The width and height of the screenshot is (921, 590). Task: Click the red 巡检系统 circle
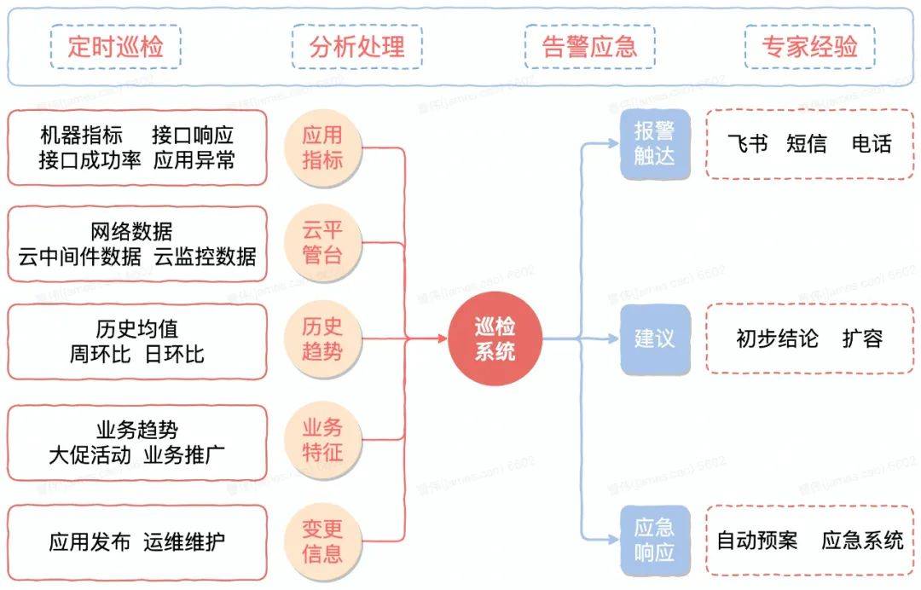tap(495, 338)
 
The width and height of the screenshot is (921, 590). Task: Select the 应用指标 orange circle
tap(322, 147)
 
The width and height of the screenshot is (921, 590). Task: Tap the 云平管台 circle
tap(322, 242)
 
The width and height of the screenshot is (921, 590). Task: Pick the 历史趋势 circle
tap(322, 338)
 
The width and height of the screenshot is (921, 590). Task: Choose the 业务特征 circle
tap(322, 440)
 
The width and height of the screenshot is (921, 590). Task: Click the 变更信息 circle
tap(322, 541)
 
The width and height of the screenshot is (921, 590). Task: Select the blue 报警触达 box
tap(655, 144)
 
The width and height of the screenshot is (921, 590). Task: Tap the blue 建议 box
tap(655, 338)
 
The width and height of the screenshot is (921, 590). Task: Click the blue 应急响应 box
tap(655, 541)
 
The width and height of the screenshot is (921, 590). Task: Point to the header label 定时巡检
tap(115, 46)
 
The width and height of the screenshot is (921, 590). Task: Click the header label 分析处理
tap(357, 46)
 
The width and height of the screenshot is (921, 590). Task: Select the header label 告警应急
tap(590, 46)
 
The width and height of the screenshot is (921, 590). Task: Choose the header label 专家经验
tap(810, 46)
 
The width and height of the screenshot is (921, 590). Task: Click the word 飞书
tap(747, 144)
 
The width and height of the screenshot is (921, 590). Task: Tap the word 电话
tap(872, 144)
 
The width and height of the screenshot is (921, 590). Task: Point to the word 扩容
tap(862, 338)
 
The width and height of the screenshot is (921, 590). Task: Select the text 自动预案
tap(757, 541)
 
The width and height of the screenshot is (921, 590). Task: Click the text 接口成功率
tap(90, 160)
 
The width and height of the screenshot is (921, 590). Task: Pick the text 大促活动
tap(90, 455)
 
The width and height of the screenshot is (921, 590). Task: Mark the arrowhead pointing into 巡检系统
tap(443, 338)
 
